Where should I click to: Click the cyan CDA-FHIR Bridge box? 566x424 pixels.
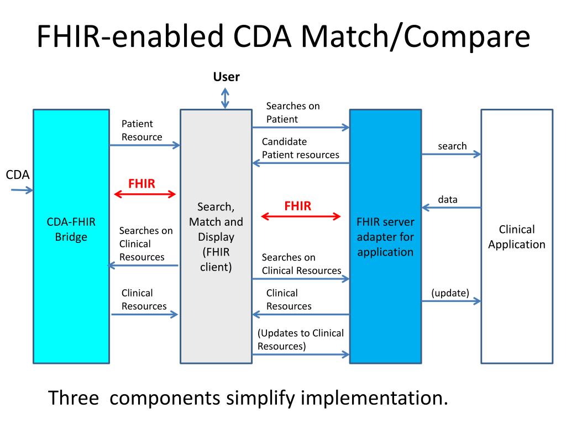[x=71, y=236]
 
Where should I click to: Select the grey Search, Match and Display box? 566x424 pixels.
[x=216, y=236]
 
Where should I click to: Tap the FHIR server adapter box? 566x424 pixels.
[x=385, y=236]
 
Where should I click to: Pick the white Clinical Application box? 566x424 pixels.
[x=517, y=236]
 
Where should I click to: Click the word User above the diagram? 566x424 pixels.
[x=226, y=77]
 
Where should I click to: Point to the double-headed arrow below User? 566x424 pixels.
[x=225, y=98]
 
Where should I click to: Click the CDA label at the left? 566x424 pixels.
[x=17, y=175]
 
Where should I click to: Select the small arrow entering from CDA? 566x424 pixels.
[x=22, y=190]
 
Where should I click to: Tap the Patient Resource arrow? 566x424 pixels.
[x=145, y=145]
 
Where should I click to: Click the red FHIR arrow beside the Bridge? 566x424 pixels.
[x=145, y=194]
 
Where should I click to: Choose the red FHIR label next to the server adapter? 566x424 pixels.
[x=298, y=206]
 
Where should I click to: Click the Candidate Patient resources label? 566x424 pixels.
[x=300, y=148]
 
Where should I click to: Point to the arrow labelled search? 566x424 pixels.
[x=451, y=155]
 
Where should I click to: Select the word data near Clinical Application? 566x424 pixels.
[x=448, y=199]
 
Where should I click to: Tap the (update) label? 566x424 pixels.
[x=450, y=293]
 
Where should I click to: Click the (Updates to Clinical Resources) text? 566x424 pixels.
[x=300, y=340]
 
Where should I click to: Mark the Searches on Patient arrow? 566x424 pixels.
[x=301, y=128]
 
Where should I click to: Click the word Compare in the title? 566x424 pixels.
[x=467, y=36]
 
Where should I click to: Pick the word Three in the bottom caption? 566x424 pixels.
[x=74, y=398]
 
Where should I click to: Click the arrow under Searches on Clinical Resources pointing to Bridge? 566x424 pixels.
[x=143, y=266]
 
